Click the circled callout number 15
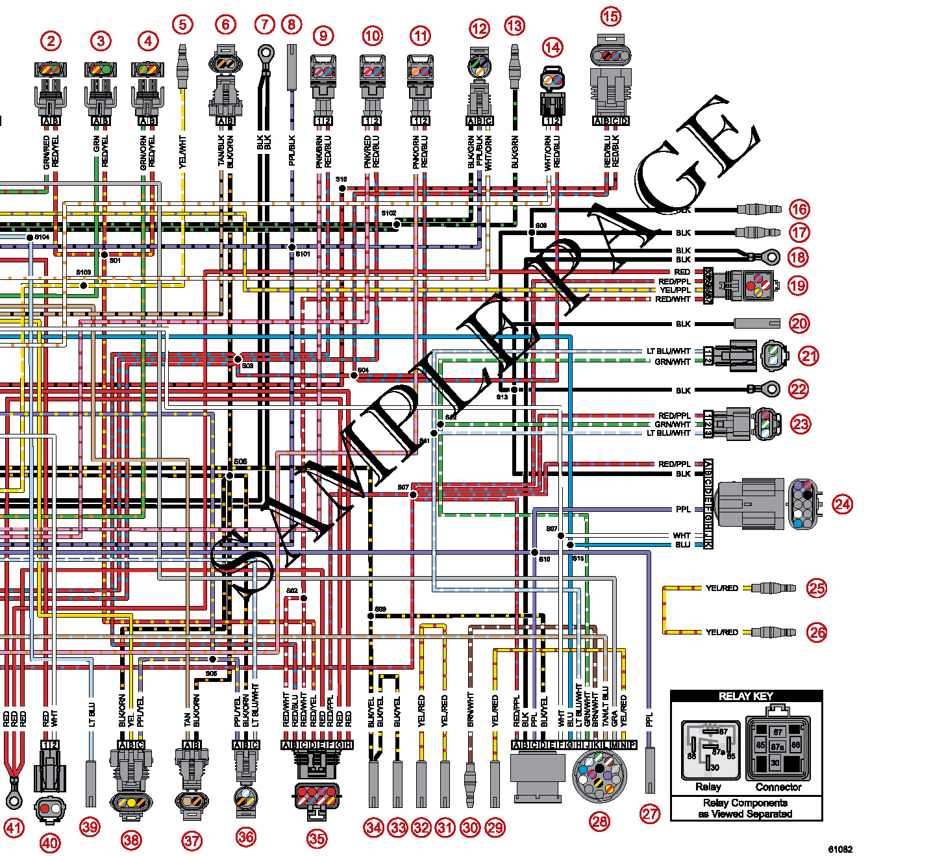coord(610,16)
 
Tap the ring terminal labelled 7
coord(266,52)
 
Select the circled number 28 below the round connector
coord(599,822)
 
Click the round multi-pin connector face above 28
coord(600,775)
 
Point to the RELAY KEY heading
coord(746,696)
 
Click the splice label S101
coord(303,254)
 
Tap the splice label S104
coord(42,237)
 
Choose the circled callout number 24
coord(842,504)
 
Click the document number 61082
coord(839,849)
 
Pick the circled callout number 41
coord(14,827)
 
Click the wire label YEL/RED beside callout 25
coord(721,588)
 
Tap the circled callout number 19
coord(798,284)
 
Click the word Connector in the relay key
coord(778,787)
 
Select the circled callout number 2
coord(51,41)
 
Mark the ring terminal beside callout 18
coord(770,257)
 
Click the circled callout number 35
coord(317,838)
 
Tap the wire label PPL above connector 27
coord(649,719)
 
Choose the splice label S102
coord(388,213)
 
